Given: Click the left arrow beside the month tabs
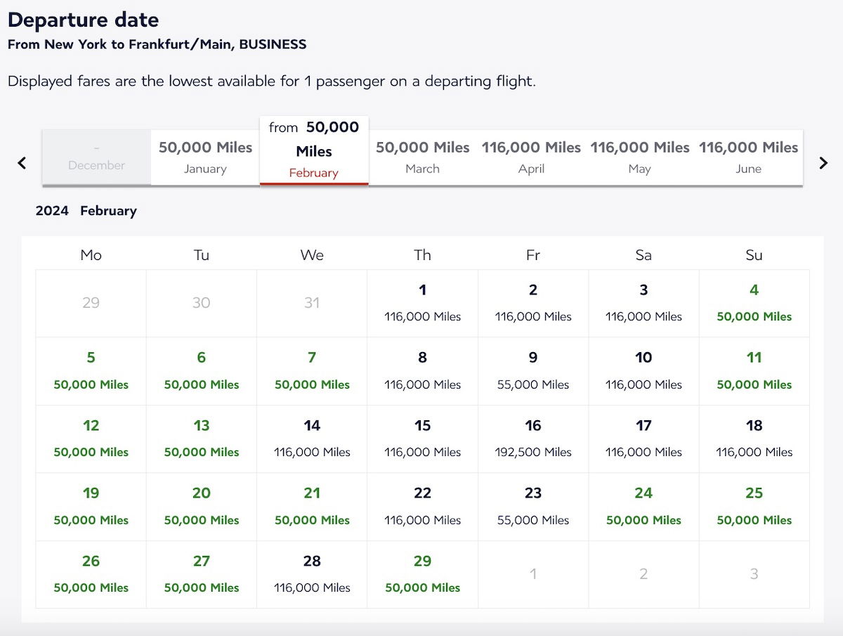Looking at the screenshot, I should pyautogui.click(x=22, y=163).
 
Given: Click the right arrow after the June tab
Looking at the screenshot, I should pyautogui.click(x=823, y=163).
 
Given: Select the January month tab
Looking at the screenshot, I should pyautogui.click(x=205, y=157).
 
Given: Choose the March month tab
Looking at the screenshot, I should pyautogui.click(x=422, y=157).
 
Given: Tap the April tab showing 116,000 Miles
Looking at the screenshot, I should pyautogui.click(x=531, y=157).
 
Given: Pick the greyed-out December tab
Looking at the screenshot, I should pyautogui.click(x=96, y=157).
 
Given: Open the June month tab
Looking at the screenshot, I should pyautogui.click(x=748, y=157).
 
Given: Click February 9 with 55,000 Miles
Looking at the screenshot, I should pyautogui.click(x=533, y=371).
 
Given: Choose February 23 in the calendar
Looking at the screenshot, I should pyautogui.click(x=533, y=507).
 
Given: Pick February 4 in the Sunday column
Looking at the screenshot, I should pyautogui.click(x=754, y=303).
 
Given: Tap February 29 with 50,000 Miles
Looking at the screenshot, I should pyautogui.click(x=422, y=574).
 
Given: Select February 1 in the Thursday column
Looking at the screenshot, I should pyautogui.click(x=422, y=303).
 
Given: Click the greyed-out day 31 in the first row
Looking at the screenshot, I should pyautogui.click(x=312, y=303).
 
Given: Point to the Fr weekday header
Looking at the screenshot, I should pyautogui.click(x=533, y=255).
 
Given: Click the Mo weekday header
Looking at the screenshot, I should pyautogui.click(x=91, y=255).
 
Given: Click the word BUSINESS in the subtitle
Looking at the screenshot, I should pyautogui.click(x=273, y=44).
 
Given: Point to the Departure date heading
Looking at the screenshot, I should pyautogui.click(x=83, y=20).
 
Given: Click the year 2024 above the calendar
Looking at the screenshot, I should pyautogui.click(x=52, y=211).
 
